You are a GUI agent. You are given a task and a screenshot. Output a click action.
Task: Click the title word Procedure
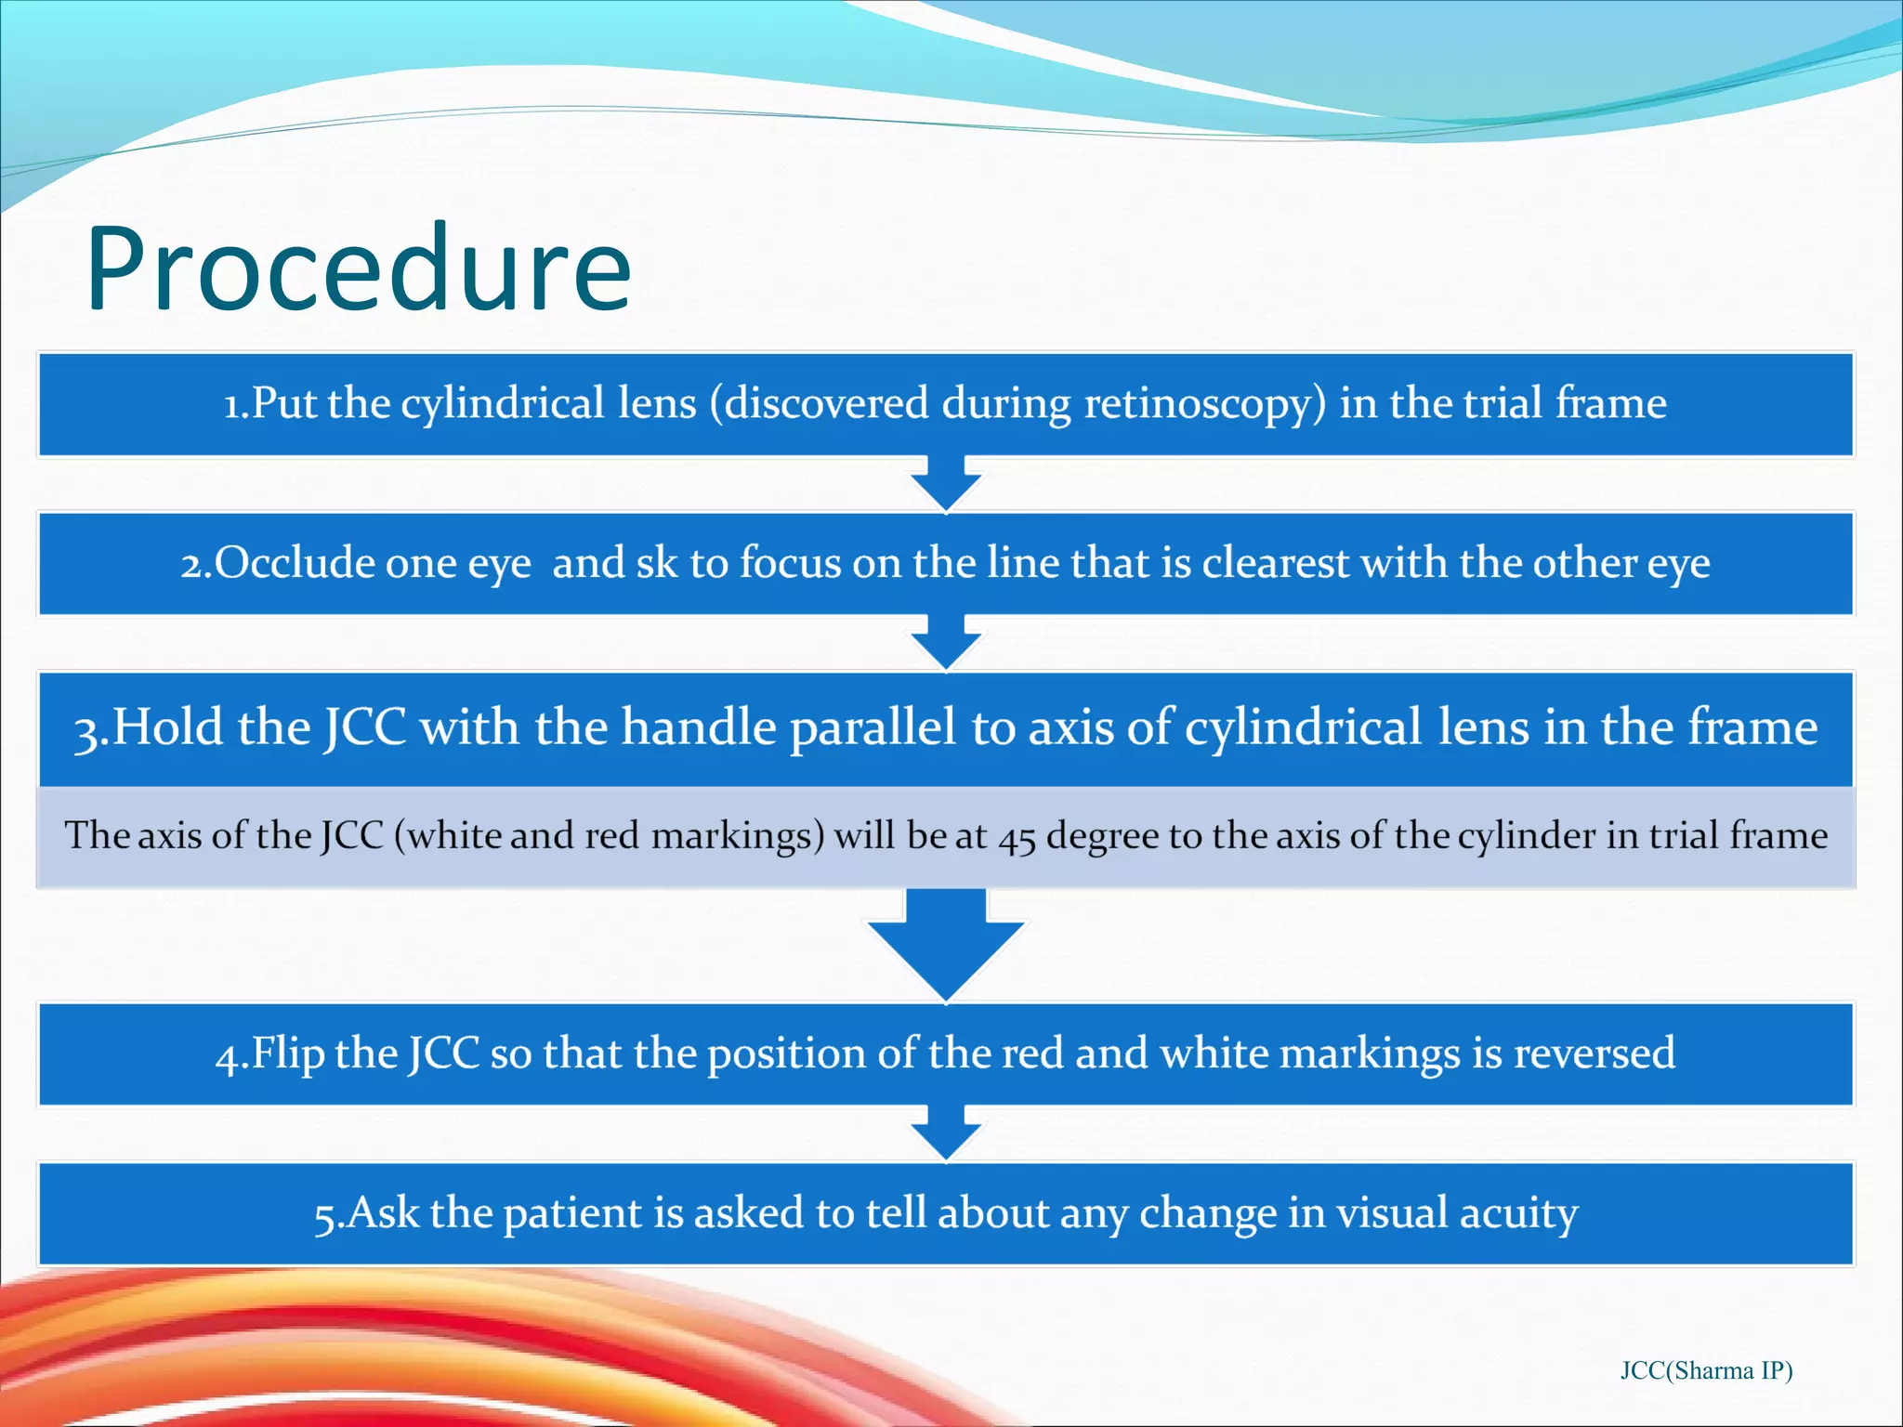tap(358, 269)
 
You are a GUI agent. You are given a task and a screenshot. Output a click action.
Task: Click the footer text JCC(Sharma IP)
tap(1706, 1370)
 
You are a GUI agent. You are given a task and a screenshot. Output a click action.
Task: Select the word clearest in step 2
tap(1275, 563)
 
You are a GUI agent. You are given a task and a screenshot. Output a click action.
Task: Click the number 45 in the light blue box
tap(1017, 837)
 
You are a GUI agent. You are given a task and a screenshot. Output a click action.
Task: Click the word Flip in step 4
tap(288, 1054)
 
